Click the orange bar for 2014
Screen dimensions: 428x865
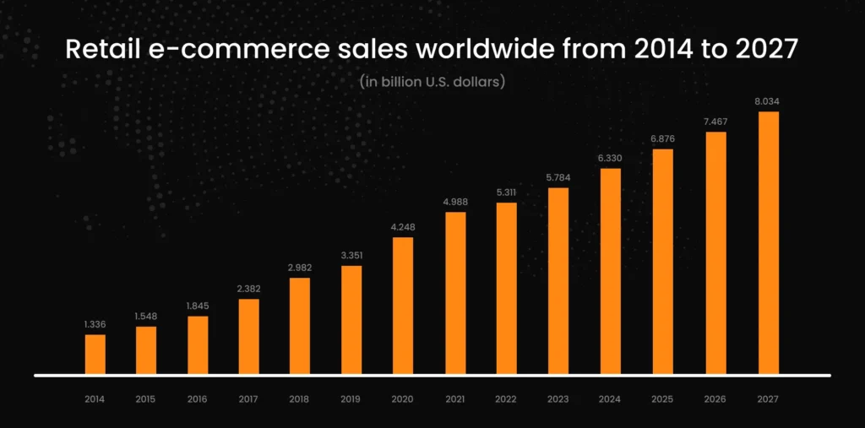click(95, 355)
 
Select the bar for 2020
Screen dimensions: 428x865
click(403, 306)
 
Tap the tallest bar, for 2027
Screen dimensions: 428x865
click(768, 243)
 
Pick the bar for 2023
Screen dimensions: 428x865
click(558, 281)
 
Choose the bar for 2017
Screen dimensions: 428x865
click(249, 337)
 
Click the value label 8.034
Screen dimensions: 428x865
click(768, 101)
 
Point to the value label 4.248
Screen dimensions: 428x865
click(403, 226)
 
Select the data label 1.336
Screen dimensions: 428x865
click(95, 323)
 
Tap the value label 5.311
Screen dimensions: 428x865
click(507, 192)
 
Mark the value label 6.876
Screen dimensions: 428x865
click(663, 138)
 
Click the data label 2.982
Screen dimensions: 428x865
click(300, 268)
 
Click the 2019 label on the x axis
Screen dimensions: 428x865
click(351, 398)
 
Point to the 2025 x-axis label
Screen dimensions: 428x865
click(663, 398)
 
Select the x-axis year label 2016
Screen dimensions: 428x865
click(198, 398)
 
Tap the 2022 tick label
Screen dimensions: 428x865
click(507, 398)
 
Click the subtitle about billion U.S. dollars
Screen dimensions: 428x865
click(432, 82)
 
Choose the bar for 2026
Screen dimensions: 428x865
click(715, 253)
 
